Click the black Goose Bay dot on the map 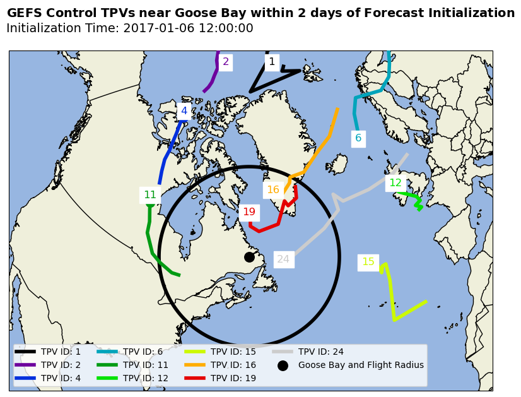click(249, 257)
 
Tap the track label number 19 click(249, 212)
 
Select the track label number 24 click(283, 259)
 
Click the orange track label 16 click(273, 189)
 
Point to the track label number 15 click(368, 262)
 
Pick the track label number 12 click(395, 183)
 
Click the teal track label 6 click(358, 138)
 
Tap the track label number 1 click(272, 62)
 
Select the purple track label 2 click(226, 62)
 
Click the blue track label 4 click(184, 111)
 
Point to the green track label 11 click(150, 195)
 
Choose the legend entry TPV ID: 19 click(233, 378)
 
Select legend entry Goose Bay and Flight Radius click(360, 365)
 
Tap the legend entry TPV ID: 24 click(320, 352)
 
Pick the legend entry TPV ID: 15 click(233, 352)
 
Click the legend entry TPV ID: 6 click(143, 352)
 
